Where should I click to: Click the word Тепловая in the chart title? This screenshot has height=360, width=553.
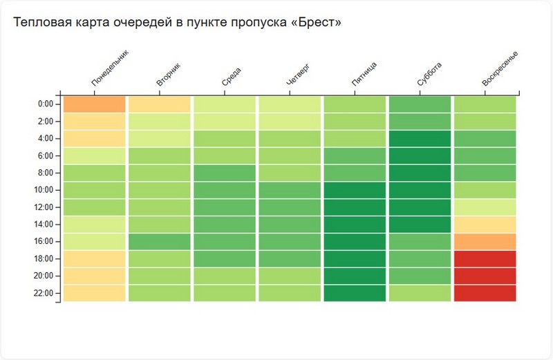point(38,23)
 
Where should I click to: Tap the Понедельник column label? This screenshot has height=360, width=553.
point(110,69)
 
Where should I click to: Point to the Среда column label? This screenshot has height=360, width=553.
point(232,77)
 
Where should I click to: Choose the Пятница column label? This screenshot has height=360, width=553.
point(364,75)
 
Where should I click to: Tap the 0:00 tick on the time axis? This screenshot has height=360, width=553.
point(45,104)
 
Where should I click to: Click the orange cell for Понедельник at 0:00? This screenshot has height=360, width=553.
point(95,104)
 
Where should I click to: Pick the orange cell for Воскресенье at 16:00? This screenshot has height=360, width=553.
point(485,242)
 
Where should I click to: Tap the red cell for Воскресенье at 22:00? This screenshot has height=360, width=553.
point(485,293)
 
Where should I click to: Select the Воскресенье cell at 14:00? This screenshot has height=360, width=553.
point(485,225)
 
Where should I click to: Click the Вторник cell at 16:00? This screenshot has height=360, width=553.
point(160,242)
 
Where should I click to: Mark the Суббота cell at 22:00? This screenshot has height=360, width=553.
point(420,293)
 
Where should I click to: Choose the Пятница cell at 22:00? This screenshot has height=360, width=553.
point(355,293)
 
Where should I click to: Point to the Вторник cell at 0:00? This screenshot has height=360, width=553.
point(160,104)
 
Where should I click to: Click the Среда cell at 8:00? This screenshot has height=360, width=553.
point(225,173)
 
